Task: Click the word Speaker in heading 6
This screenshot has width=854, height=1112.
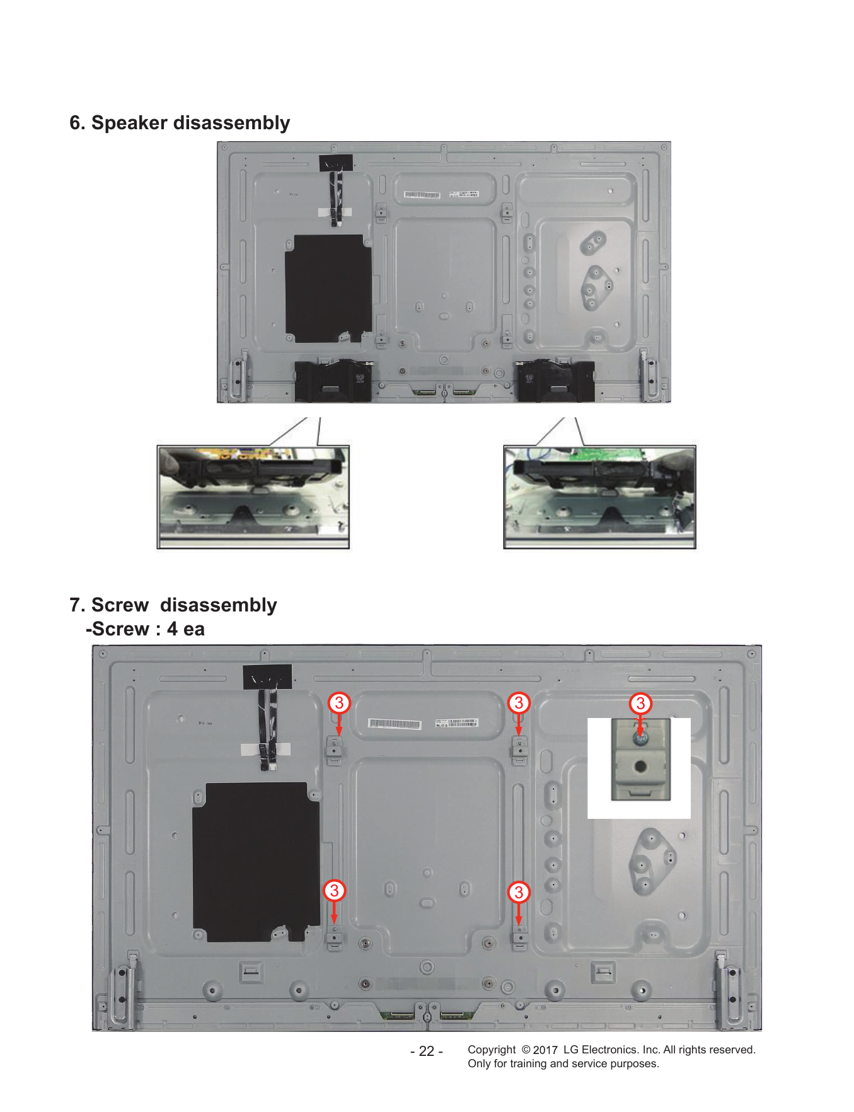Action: point(129,122)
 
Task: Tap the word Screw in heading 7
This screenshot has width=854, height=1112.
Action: point(120,605)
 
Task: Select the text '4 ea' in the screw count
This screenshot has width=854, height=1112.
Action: point(186,629)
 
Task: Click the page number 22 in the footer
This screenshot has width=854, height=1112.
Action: point(427,1051)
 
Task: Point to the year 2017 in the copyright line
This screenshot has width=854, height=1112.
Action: point(545,1050)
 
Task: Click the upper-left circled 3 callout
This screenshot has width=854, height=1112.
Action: point(339,702)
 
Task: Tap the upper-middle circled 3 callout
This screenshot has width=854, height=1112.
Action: point(519,702)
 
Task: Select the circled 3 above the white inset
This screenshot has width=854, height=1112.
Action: point(640,703)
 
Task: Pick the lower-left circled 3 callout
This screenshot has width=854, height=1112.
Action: point(334,890)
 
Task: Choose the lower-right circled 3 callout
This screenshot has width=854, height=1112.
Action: point(519,892)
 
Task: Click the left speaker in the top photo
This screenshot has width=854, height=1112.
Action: point(333,380)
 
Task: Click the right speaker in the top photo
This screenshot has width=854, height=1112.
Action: point(555,380)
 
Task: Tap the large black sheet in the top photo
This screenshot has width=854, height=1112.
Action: point(328,289)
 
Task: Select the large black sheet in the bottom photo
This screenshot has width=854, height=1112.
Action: point(256,862)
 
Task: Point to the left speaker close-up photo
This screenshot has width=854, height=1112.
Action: point(253,497)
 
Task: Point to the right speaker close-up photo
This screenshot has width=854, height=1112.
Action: point(600,497)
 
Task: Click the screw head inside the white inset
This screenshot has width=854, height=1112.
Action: point(640,738)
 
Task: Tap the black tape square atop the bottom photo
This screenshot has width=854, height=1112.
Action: point(267,677)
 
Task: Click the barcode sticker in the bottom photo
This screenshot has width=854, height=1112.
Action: point(395,724)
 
